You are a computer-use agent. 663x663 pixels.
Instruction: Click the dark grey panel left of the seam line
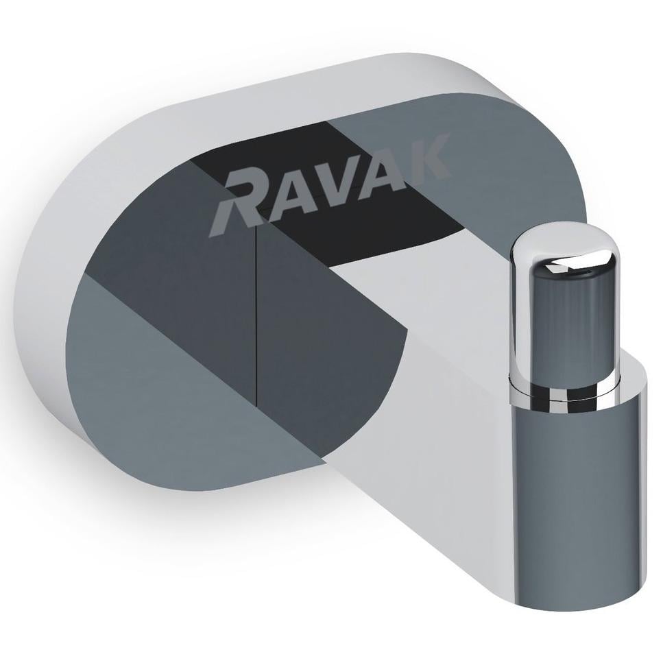199,288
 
